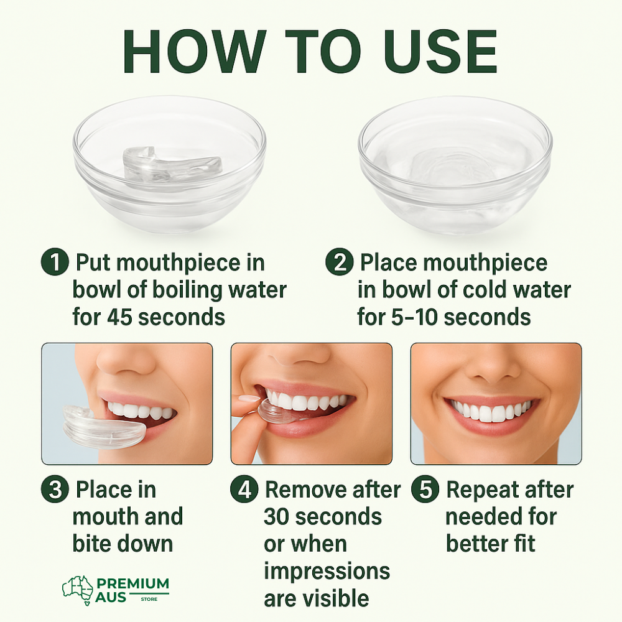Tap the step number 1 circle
(55, 262)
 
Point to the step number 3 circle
(55, 490)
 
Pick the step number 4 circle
(244, 490)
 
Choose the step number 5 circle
(425, 490)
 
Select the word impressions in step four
(327, 571)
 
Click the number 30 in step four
(279, 517)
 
